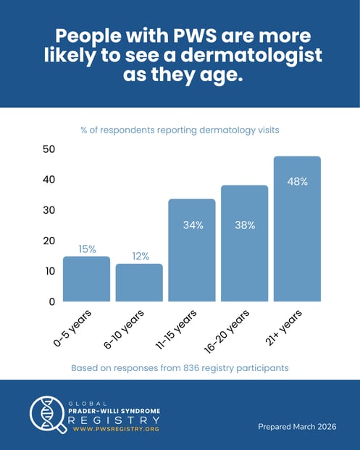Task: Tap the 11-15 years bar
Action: pyautogui.click(x=192, y=250)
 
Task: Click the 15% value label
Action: pyautogui.click(x=88, y=249)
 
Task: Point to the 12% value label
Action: pyautogui.click(x=140, y=256)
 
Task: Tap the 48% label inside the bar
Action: pyautogui.click(x=297, y=181)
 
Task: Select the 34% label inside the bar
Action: pyautogui.click(x=193, y=225)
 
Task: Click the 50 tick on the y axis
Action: pyautogui.click(x=49, y=149)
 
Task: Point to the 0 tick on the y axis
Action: pyautogui.click(x=51, y=301)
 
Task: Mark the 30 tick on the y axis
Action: pyautogui.click(x=49, y=210)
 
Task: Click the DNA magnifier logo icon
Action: pyautogui.click(x=46, y=415)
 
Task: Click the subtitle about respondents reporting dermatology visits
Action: pyautogui.click(x=180, y=130)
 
